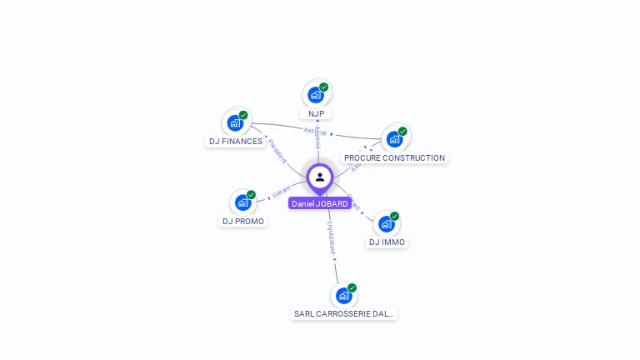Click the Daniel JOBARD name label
pos(320,203)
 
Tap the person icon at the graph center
pos(320,177)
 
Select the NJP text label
pos(316,113)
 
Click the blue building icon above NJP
pos(315,95)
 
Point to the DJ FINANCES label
pos(236,142)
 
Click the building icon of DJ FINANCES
pos(235,123)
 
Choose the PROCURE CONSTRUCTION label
pos(395,157)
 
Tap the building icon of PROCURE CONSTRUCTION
pos(394,139)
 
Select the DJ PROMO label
pos(243,221)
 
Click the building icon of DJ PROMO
pos(242,202)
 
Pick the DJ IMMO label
pos(387,242)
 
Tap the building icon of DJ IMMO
pos(386,224)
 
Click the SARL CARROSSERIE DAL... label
pos(344,314)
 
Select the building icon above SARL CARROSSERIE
pos(343,296)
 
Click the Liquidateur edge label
pos(331,237)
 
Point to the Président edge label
pos(277,151)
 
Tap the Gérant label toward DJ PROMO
pos(282,192)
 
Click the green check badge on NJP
pos(323,87)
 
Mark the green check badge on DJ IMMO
pos(394,216)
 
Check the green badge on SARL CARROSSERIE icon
pos(352,287)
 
